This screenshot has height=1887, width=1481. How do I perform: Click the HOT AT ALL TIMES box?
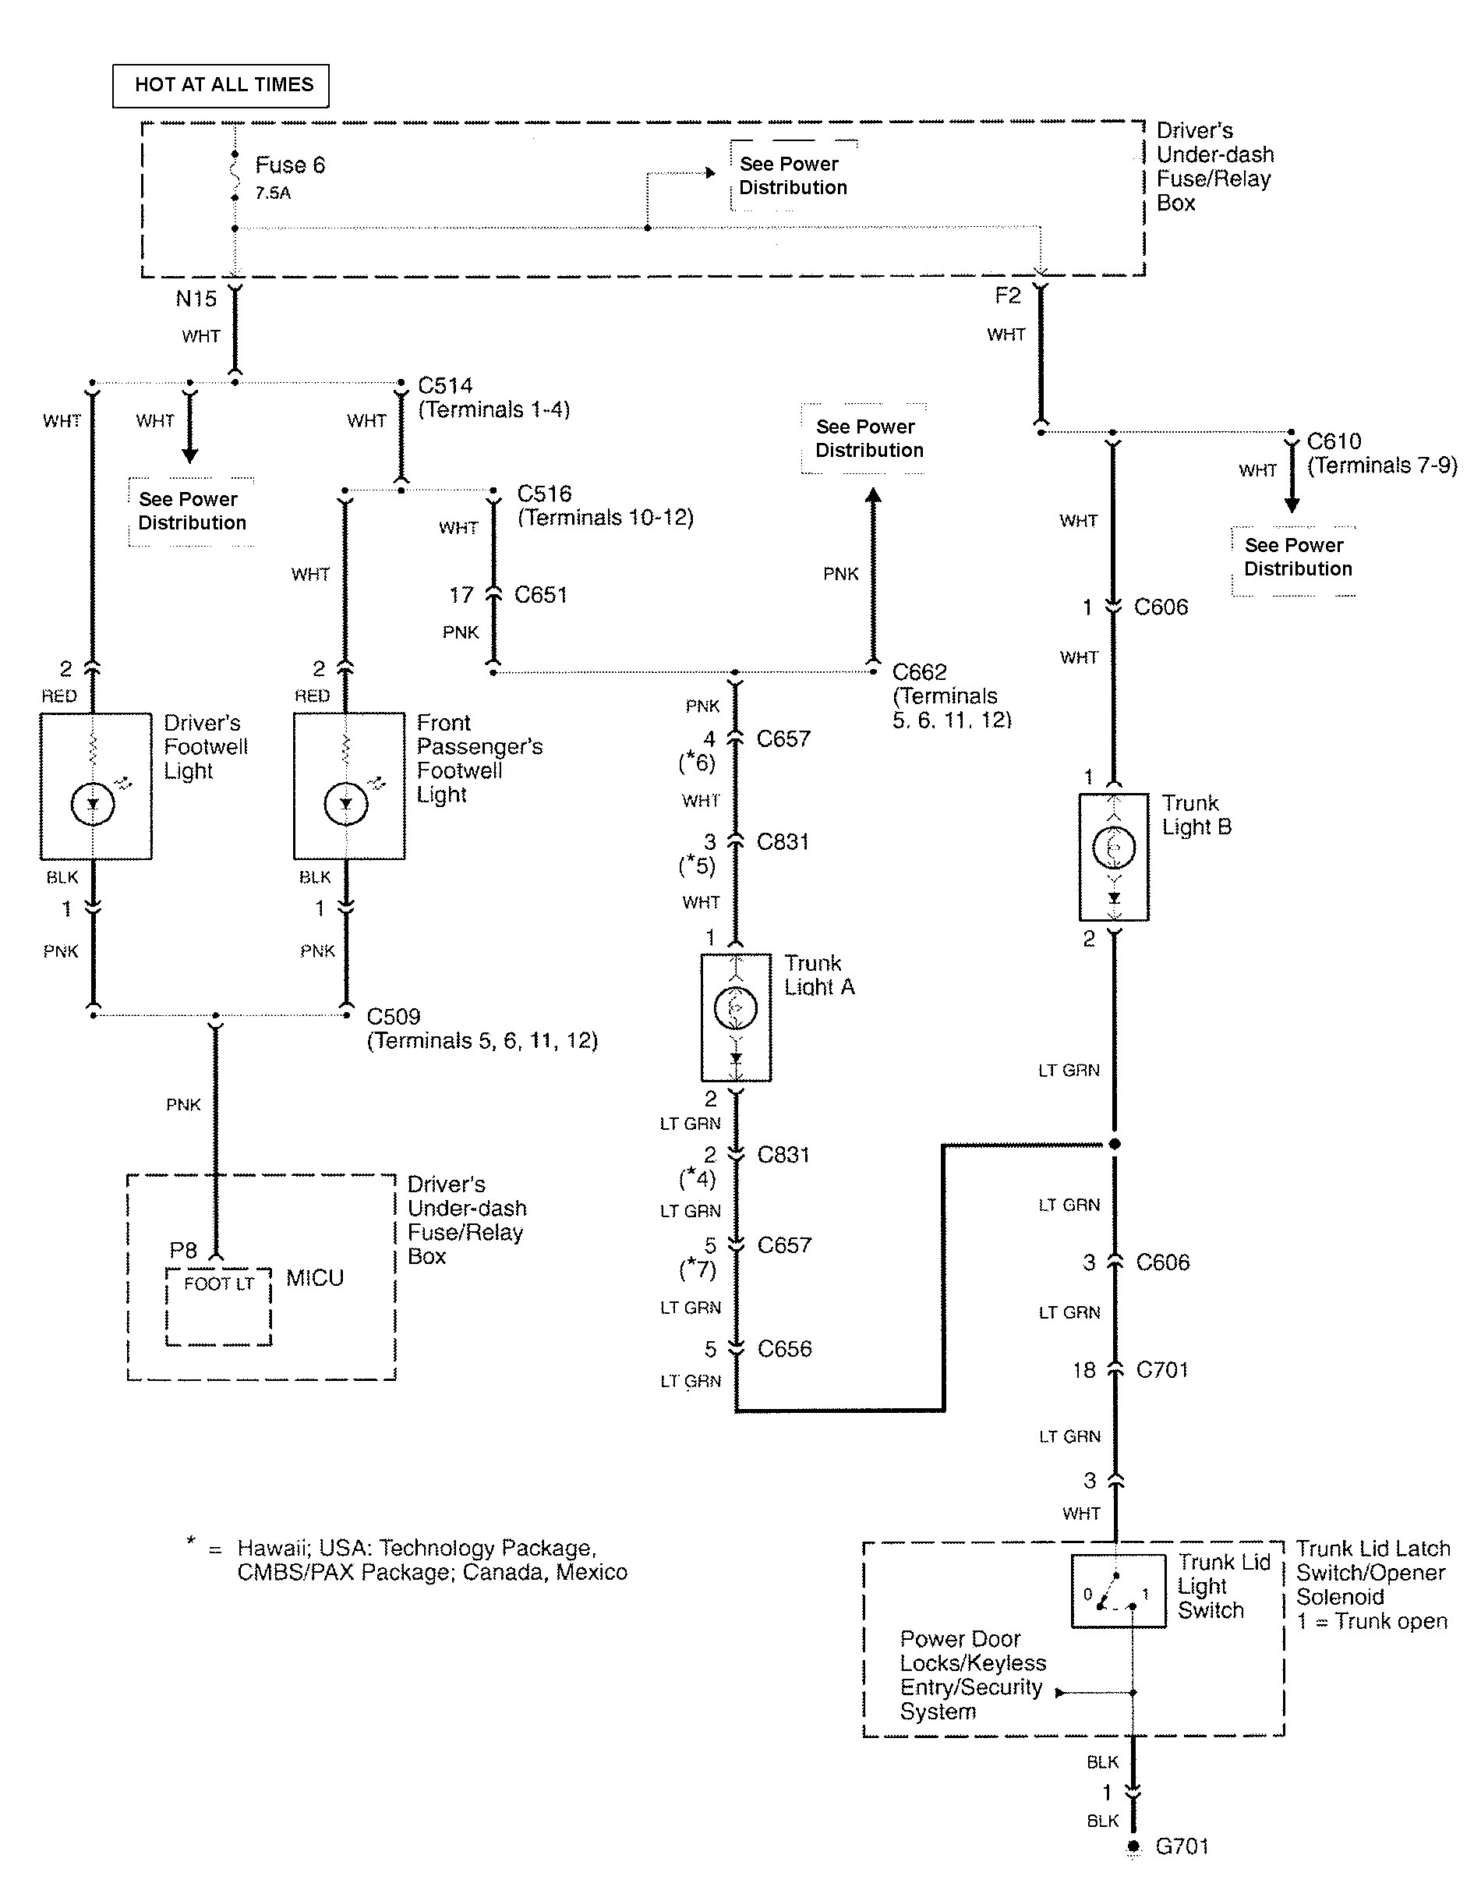click(221, 85)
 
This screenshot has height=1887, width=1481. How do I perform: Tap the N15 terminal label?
click(196, 299)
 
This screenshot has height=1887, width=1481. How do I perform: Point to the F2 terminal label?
click(1007, 296)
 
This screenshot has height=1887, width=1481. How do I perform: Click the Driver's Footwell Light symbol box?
click(95, 786)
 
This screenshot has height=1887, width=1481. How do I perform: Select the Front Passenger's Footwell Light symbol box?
click(348, 786)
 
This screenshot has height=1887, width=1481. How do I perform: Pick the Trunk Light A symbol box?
click(735, 1018)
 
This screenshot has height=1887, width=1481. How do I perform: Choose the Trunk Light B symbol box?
click(1113, 856)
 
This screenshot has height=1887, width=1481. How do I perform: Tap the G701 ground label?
click(1182, 1846)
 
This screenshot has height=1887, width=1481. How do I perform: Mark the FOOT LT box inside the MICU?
click(218, 1308)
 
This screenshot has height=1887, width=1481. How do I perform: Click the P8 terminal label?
click(183, 1250)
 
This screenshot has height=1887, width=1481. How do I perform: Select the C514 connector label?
click(445, 385)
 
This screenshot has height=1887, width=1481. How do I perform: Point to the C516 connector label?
click(543, 494)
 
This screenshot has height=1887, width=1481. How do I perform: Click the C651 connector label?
click(540, 595)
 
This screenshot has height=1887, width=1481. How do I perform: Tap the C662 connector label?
click(919, 672)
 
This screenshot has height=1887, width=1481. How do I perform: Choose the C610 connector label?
click(1334, 441)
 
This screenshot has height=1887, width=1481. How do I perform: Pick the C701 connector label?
click(1162, 1369)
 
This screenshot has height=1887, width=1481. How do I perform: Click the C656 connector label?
click(784, 1348)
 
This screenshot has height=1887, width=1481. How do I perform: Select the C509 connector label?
click(394, 1016)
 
